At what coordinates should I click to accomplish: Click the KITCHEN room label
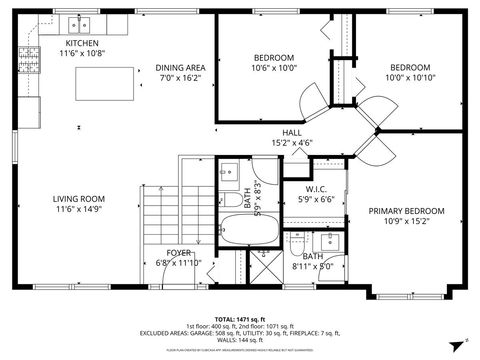tap(82, 43)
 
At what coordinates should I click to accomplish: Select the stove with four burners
tap(30, 63)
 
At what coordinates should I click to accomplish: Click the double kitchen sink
tap(78, 24)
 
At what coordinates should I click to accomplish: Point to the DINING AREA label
tap(180, 67)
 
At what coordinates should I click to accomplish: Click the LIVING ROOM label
tap(79, 198)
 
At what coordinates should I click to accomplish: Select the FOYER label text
tap(179, 253)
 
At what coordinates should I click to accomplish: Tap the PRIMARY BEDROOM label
tap(406, 211)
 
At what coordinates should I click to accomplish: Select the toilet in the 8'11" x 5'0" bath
tap(298, 241)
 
